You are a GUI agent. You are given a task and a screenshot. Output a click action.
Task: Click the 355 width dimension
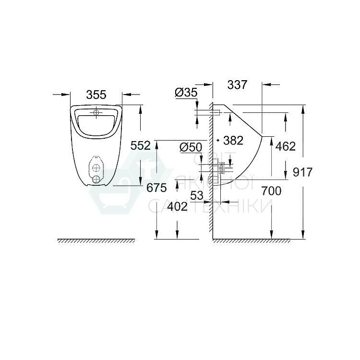pos(96,95)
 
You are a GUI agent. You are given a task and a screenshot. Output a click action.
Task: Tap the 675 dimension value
pos(156,188)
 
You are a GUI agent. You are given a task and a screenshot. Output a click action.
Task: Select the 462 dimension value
pos(286,146)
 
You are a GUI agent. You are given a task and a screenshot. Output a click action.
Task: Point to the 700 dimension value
pos(271,191)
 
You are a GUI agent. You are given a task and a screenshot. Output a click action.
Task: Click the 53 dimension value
pos(197,195)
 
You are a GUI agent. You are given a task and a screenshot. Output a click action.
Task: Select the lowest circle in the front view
pos(97,179)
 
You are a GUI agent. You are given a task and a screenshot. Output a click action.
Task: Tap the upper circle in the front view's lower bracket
pos(97,168)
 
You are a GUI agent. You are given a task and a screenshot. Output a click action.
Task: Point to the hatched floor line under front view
pos(96,240)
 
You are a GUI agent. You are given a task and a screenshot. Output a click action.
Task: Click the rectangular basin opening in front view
pos(96,123)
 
